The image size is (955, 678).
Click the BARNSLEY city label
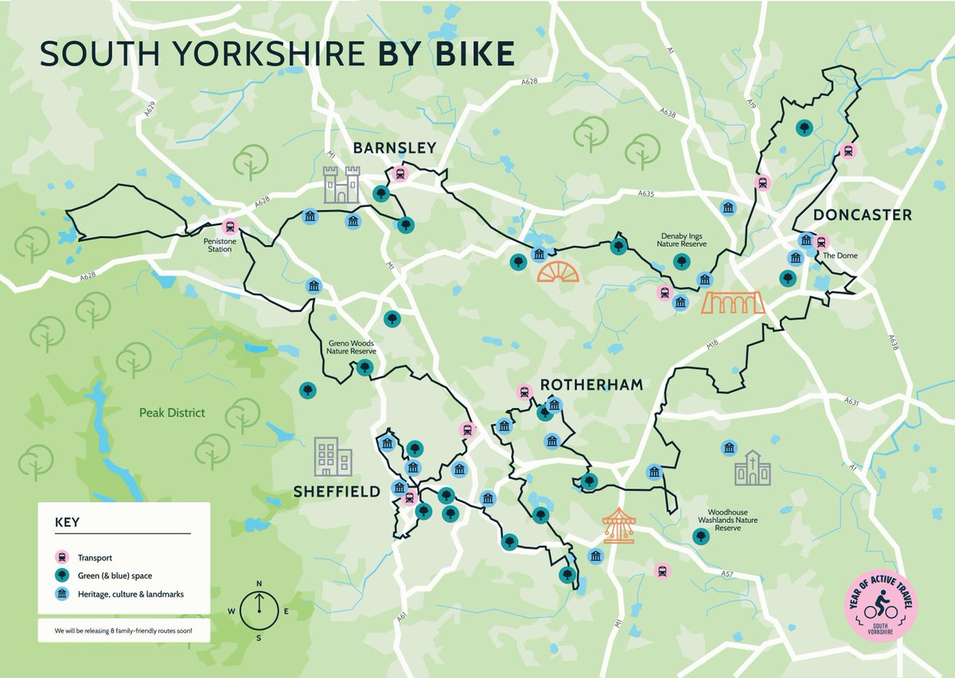[395, 148]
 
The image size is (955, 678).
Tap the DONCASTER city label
[862, 216]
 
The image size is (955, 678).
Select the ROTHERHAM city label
[591, 385]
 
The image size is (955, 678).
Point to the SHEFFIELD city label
[337, 492]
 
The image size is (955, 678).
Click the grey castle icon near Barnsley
[341, 185]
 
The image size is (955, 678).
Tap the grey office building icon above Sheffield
[332, 457]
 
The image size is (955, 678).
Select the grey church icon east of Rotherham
[752, 468]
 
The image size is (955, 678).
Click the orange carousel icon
[618, 526]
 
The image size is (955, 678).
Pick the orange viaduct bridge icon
[733, 302]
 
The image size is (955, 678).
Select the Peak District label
[172, 413]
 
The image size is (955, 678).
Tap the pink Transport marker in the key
[60, 557]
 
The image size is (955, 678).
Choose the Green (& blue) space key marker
[60, 575]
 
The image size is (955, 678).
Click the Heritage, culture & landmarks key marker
[60, 594]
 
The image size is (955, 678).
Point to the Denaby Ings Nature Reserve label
[680, 241]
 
